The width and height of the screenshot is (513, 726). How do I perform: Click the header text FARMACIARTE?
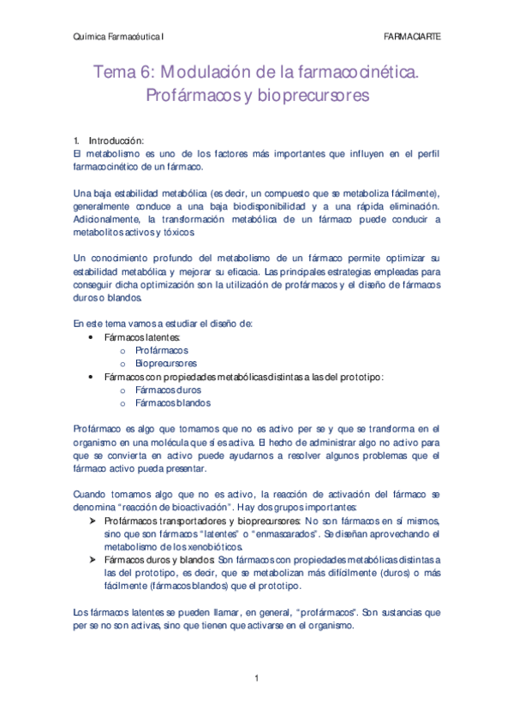point(414,37)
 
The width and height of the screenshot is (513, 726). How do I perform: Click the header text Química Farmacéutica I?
point(117,37)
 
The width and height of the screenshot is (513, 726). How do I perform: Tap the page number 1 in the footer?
point(256,679)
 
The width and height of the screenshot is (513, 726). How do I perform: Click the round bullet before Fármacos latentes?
point(92,337)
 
